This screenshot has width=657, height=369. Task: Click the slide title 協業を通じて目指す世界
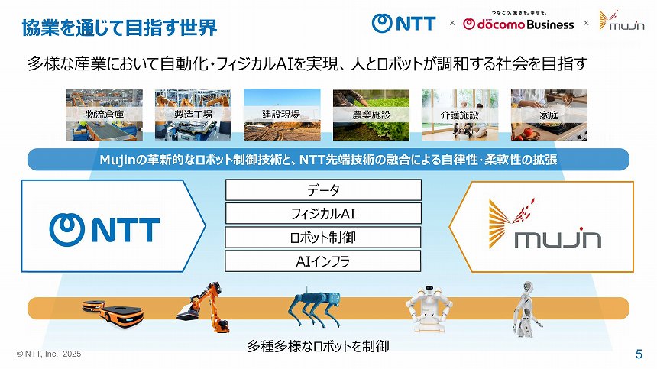(118, 28)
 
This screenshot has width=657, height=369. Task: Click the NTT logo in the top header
(403, 23)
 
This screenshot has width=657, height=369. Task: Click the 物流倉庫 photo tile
(104, 115)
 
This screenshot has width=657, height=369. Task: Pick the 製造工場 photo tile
(193, 115)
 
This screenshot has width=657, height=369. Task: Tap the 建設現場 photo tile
(281, 115)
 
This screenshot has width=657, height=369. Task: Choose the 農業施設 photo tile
(371, 115)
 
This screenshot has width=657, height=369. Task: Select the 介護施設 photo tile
(459, 115)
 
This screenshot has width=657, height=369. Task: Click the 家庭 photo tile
(549, 115)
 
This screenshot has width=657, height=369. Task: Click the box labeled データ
(323, 190)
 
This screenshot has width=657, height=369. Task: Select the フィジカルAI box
(323, 213)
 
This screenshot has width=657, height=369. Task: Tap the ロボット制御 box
(323, 237)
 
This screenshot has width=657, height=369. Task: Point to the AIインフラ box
(323, 261)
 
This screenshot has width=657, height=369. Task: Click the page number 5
(639, 354)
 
